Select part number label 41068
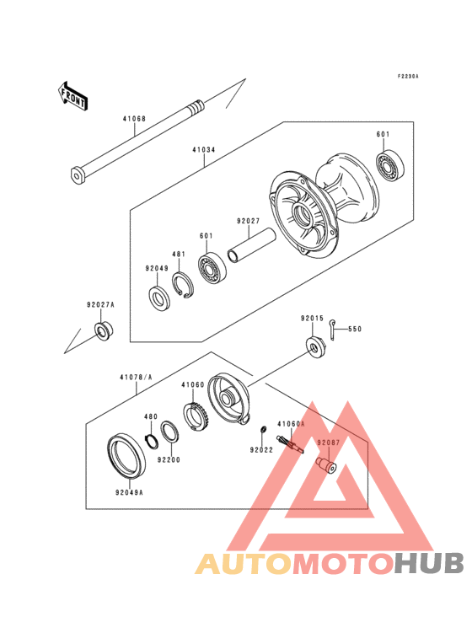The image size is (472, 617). tap(134, 119)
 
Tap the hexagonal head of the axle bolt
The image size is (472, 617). tap(78, 175)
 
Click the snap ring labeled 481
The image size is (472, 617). tap(184, 285)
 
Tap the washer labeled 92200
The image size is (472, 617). tap(169, 432)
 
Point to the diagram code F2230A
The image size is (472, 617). tap(409, 77)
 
